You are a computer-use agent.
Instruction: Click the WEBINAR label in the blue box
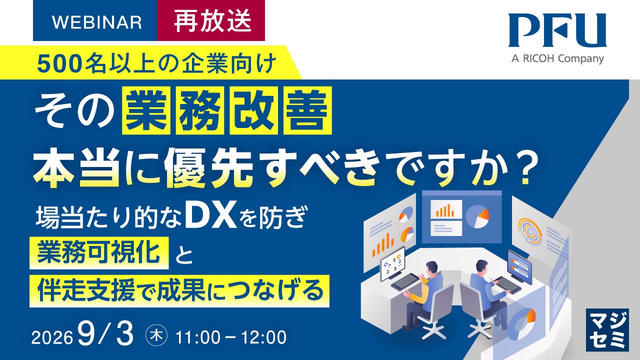pyautogui.click(x=97, y=22)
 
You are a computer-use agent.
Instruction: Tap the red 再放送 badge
pyautogui.click(x=211, y=20)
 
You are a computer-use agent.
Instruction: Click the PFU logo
pyautogui.click(x=557, y=30)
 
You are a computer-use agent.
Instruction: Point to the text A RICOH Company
pyautogui.click(x=557, y=59)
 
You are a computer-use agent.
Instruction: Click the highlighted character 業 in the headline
pyautogui.click(x=146, y=110)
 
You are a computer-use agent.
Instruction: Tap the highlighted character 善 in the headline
pyautogui.click(x=307, y=110)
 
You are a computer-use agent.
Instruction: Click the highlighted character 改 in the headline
pyautogui.click(x=253, y=110)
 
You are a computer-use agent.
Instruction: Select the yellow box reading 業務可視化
pyautogui.click(x=99, y=253)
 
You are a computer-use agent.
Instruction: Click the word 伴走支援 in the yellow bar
pyautogui.click(x=86, y=290)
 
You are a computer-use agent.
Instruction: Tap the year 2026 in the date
pyautogui.click(x=52, y=337)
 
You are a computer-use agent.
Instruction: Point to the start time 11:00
pyautogui.click(x=197, y=337)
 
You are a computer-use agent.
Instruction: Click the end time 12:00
pyautogui.click(x=263, y=337)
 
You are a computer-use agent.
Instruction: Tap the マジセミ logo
pyautogui.click(x=607, y=330)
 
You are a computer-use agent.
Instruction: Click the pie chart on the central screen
pyautogui.click(x=477, y=217)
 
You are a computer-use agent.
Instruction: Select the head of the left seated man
pyautogui.click(x=431, y=269)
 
